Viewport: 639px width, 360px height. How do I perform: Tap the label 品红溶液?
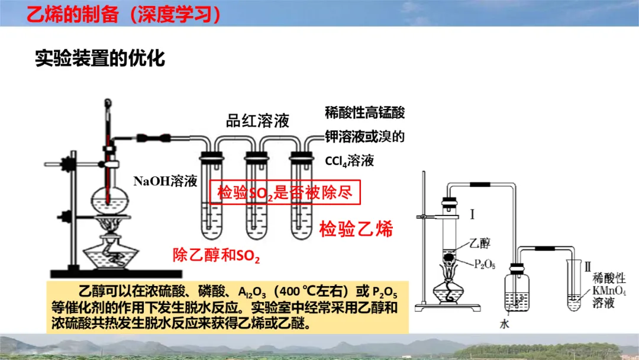coord(257,121)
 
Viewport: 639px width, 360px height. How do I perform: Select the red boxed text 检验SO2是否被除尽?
coord(285,192)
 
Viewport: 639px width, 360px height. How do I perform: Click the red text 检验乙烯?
coord(356,229)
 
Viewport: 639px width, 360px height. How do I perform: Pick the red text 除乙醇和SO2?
coord(217,255)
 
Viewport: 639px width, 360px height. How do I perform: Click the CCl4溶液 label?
coord(350,160)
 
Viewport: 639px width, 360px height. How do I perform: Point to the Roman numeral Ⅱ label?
coord(588,267)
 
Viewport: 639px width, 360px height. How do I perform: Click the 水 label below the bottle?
coord(504,324)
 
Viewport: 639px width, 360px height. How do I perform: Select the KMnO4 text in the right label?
coord(609,291)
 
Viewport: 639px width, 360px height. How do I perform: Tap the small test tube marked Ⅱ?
coord(575,287)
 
